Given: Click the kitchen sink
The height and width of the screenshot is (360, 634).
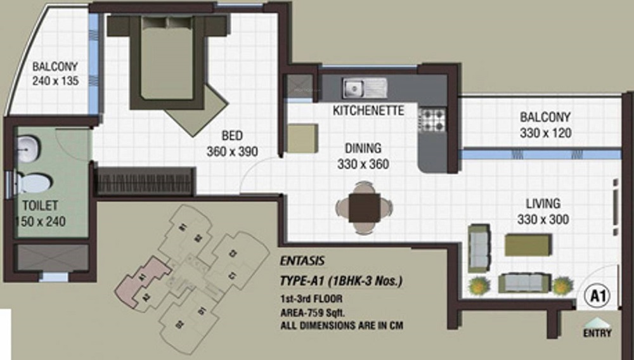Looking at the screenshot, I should (x=364, y=87).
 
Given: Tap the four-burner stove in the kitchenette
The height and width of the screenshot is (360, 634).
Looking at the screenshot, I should (x=432, y=119).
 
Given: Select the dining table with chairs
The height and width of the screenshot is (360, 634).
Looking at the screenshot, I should (x=364, y=207).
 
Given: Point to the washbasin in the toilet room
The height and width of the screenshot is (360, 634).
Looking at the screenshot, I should (x=29, y=148).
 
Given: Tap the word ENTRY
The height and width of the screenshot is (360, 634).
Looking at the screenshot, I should (x=597, y=333).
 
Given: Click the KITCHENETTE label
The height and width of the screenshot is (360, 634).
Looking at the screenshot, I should (x=368, y=111).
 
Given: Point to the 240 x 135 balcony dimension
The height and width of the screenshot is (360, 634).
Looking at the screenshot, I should (x=55, y=80).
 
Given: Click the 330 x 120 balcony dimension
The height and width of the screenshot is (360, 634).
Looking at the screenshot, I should (x=545, y=133).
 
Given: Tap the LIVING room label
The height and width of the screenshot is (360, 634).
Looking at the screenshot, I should (x=543, y=204).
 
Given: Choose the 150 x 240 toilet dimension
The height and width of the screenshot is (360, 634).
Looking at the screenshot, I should (x=41, y=221).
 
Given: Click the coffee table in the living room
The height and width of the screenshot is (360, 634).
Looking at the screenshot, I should (x=527, y=245).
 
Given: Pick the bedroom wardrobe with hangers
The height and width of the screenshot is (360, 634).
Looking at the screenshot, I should (x=145, y=181).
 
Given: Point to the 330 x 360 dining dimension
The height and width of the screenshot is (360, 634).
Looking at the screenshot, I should (x=363, y=164).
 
